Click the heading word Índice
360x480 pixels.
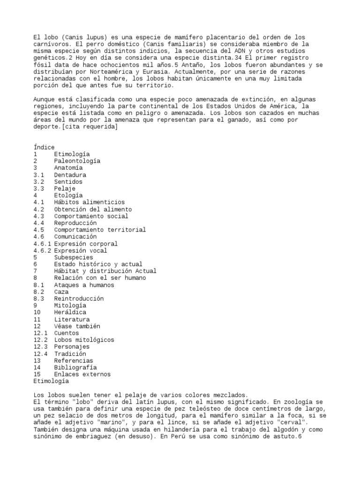(44, 147)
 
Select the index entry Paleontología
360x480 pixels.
(77, 161)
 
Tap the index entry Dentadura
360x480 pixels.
(70, 175)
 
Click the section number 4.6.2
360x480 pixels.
(43, 250)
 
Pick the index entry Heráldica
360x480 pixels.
(70, 312)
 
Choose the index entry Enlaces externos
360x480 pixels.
(82, 374)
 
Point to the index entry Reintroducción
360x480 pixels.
(79, 299)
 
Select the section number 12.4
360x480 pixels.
(41, 353)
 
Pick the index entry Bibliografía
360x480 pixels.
(75, 367)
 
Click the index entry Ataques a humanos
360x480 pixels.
(84, 285)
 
